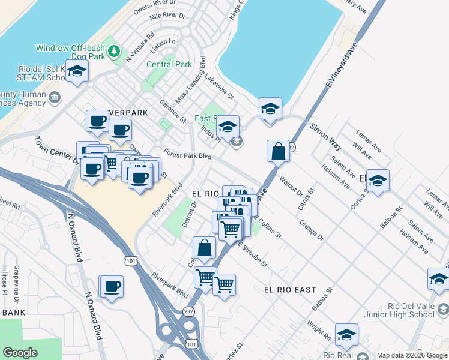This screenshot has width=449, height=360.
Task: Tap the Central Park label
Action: pyautogui.click(x=169, y=64)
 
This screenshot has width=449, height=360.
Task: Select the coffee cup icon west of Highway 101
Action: pyautogui.click(x=111, y=286)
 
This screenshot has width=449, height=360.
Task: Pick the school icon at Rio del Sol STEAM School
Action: pyautogui.click(x=77, y=71)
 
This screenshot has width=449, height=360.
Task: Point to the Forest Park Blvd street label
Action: pyautogui.click(x=188, y=155)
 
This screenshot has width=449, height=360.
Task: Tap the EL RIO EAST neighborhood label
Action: pyautogui.click(x=290, y=290)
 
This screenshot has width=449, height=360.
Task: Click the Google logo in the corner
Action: pyautogui.click(x=20, y=352)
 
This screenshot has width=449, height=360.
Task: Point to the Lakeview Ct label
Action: pyautogui.click(x=218, y=87)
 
